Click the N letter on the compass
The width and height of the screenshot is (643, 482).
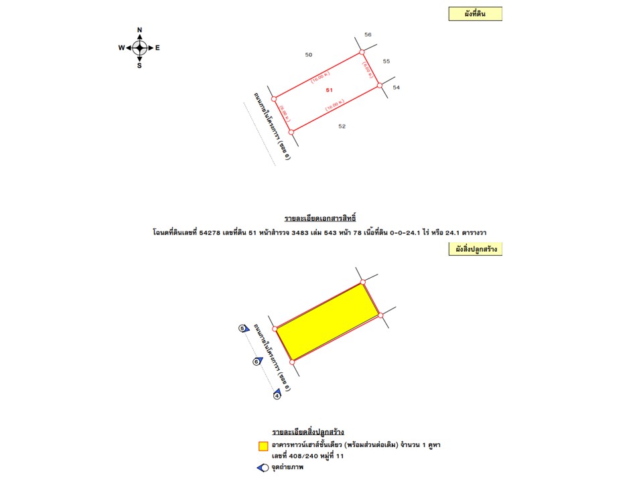click(139, 30)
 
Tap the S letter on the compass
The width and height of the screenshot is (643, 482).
click(139, 65)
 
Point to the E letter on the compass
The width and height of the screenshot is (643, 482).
click(157, 48)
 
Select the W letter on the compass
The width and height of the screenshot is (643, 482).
click(121, 48)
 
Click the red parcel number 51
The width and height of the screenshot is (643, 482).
click(329, 90)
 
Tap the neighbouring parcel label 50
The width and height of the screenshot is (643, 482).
click(308, 55)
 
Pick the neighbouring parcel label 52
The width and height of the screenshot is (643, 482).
click(342, 127)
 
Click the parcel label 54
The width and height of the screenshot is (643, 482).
click(396, 88)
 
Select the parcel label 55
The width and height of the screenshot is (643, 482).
click(386, 61)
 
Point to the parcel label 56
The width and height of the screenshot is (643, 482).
click(368, 34)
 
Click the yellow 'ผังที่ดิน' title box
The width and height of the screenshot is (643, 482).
click(476, 14)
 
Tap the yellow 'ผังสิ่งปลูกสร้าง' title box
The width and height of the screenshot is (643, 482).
click(476, 249)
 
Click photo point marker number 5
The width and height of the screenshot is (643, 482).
click(243, 328)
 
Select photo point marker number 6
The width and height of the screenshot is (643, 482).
click(257, 361)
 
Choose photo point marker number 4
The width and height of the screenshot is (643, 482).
click(277, 396)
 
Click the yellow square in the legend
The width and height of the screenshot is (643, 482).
click(263, 445)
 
